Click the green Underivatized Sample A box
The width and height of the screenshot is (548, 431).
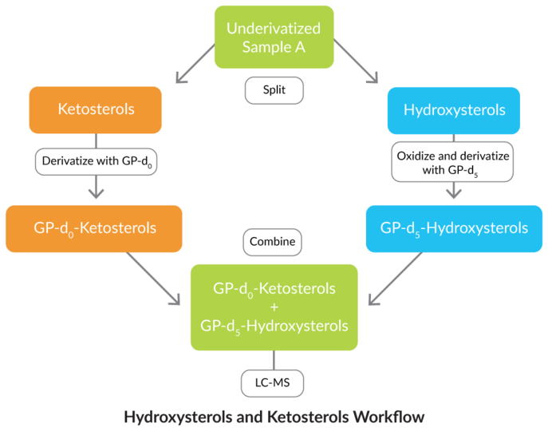tap(274, 38)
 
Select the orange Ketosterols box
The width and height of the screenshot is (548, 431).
tap(96, 109)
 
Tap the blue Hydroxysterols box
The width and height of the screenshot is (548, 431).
tap(454, 110)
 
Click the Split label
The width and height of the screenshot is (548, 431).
tap(274, 90)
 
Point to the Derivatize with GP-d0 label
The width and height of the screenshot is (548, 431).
tap(96, 161)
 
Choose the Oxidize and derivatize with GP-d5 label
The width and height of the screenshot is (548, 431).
tap(454, 161)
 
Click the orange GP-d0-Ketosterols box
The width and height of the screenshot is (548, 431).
tap(95, 228)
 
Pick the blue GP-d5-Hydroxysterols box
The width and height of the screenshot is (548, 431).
tap(454, 228)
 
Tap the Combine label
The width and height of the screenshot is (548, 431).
tap(273, 242)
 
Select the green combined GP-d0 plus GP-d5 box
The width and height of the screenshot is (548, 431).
tap(274, 306)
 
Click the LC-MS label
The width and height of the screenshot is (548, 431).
tap(273, 384)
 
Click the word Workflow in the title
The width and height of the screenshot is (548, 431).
tap(390, 417)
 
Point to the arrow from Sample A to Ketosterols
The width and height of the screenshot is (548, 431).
tap(195, 63)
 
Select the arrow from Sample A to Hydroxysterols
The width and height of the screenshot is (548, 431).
tap(353, 63)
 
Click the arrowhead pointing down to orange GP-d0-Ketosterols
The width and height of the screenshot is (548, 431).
tap(96, 192)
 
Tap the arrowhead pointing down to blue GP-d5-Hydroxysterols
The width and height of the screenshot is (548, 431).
tap(454, 192)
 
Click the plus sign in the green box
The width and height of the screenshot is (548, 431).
tap(274, 306)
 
